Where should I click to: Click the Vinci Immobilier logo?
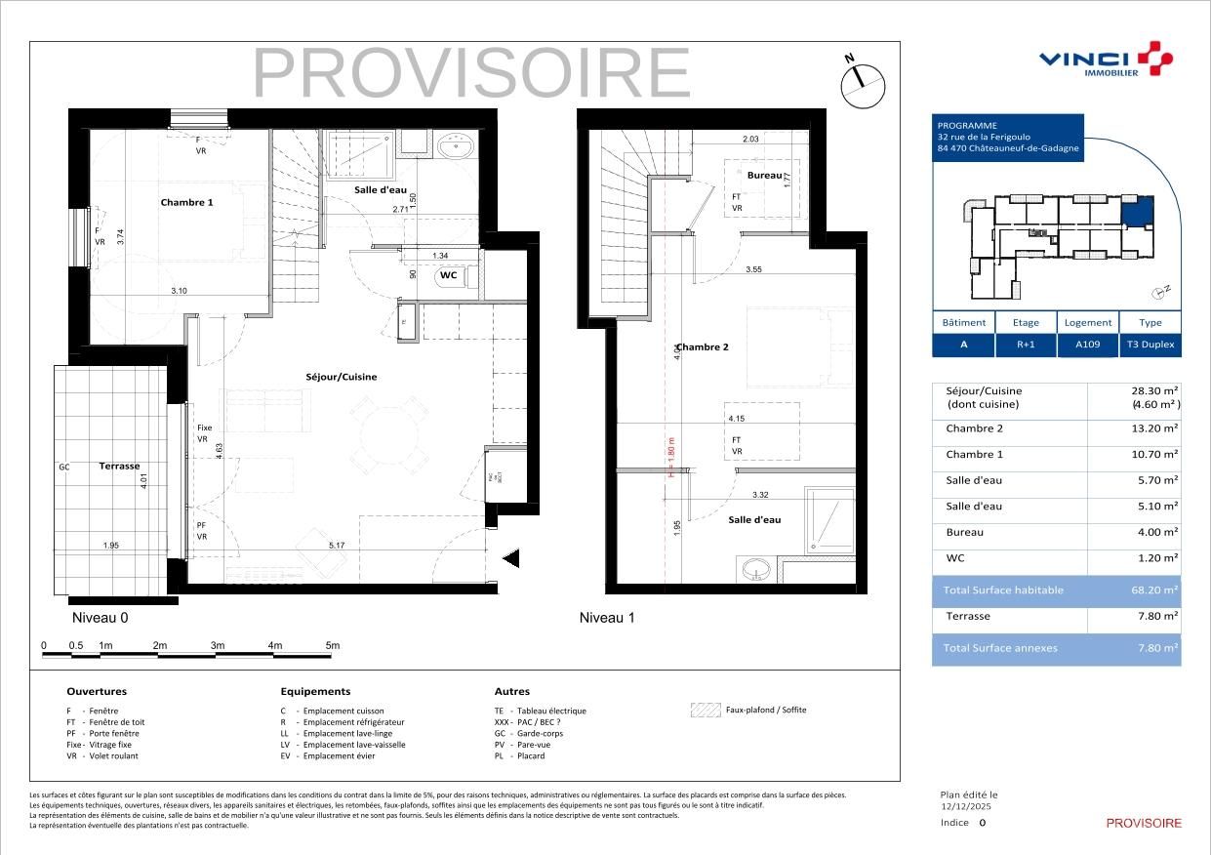click(1105, 61)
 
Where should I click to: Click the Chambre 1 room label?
click(186, 202)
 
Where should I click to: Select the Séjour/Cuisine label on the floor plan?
click(338, 377)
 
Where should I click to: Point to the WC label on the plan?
click(448, 275)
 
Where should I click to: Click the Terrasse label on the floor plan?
click(119, 467)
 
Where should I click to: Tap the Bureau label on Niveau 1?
click(764, 176)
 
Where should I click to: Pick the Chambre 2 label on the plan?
click(703, 346)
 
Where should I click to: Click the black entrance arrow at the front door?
click(510, 557)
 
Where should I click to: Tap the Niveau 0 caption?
click(100, 618)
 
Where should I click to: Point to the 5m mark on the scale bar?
click(333, 645)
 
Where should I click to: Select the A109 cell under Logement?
click(1087, 345)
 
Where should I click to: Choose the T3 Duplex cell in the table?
click(1150, 345)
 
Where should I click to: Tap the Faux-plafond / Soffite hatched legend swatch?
click(704, 711)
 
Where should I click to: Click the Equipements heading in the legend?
click(315, 691)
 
